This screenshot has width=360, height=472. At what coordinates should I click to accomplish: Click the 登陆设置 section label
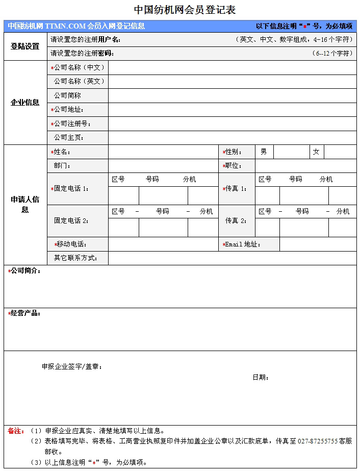click(25, 46)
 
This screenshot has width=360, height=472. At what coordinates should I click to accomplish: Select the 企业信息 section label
click(25, 103)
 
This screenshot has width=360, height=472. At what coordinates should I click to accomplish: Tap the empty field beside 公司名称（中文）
click(232, 68)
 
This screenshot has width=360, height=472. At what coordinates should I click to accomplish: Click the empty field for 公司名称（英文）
click(232, 82)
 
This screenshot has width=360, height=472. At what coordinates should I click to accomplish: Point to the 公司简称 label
click(67, 95)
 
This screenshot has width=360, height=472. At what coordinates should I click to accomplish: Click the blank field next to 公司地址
click(232, 110)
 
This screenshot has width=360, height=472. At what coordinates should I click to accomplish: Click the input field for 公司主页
click(232, 138)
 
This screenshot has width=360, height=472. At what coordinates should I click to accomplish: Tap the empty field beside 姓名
click(163, 152)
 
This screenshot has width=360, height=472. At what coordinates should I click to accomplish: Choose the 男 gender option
click(264, 152)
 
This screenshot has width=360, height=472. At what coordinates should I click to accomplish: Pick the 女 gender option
click(316, 152)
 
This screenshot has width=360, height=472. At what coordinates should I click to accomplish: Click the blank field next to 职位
click(305, 166)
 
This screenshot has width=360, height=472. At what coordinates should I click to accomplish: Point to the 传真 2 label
click(236, 221)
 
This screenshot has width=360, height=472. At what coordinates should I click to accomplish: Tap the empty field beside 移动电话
click(163, 244)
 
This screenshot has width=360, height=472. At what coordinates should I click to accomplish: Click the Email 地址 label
click(243, 244)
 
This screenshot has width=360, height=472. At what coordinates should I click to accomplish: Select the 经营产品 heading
click(25, 313)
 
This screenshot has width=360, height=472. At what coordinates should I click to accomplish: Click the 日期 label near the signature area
click(260, 378)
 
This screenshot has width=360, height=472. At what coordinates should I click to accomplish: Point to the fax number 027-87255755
click(317, 441)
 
